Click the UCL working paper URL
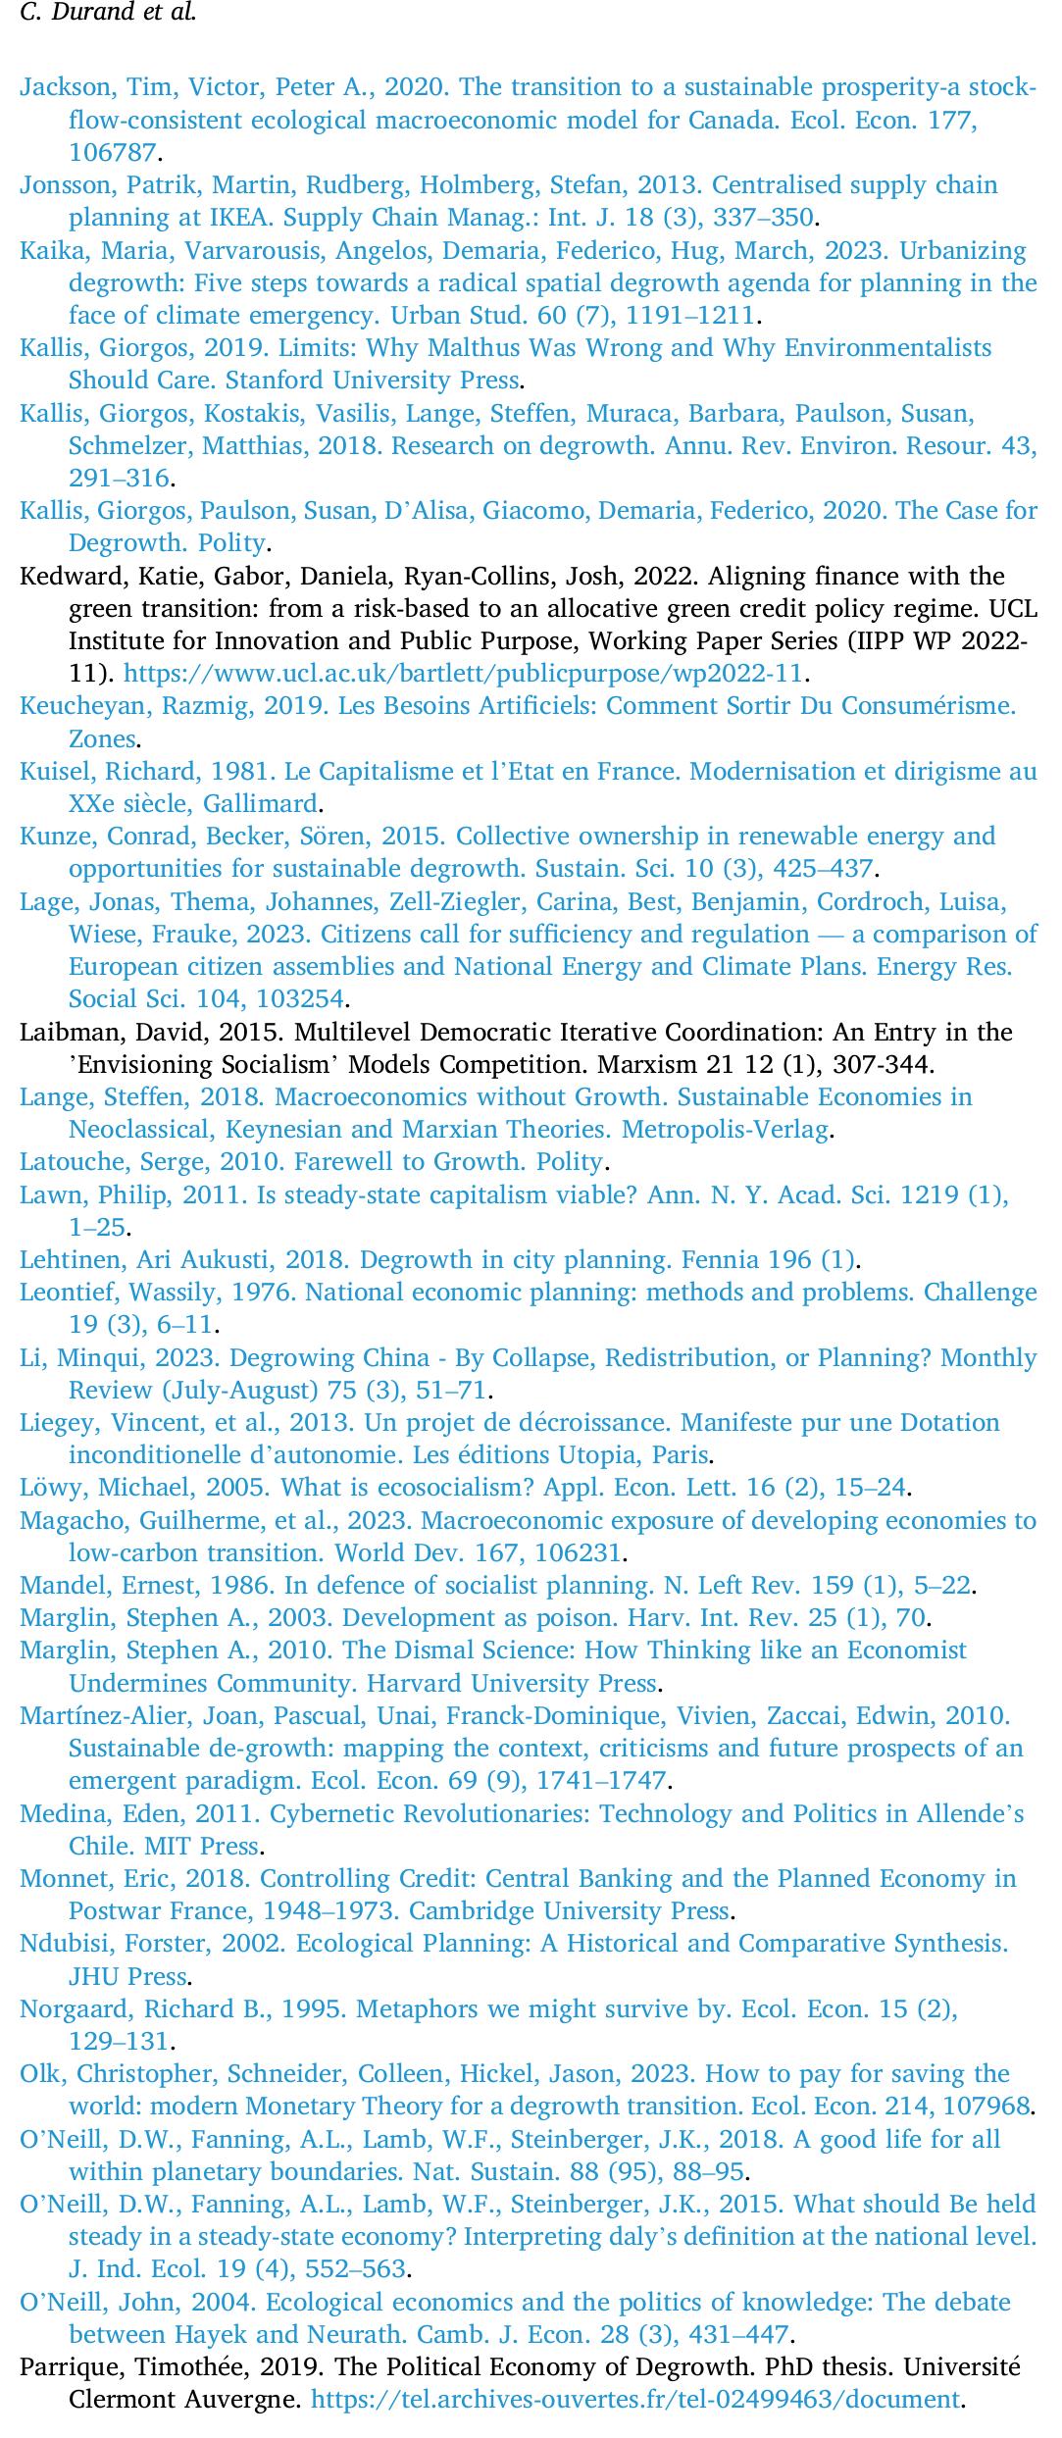463,674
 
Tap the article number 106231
582,1552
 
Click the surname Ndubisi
63,1943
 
